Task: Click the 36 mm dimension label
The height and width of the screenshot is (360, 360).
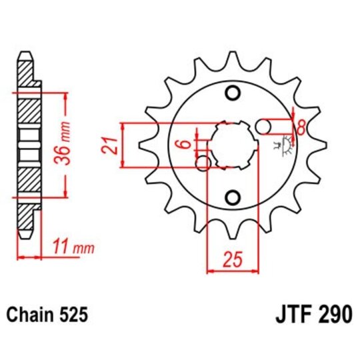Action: [78, 145]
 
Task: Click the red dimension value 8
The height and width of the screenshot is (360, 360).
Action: [301, 127]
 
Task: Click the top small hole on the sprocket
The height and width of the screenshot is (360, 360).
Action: [232, 92]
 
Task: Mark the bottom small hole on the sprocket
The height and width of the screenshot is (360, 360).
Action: [232, 197]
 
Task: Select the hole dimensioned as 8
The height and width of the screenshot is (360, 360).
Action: [265, 125]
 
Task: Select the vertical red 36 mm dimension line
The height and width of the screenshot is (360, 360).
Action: [65, 145]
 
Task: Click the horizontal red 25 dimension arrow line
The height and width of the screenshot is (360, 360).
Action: [232, 271]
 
